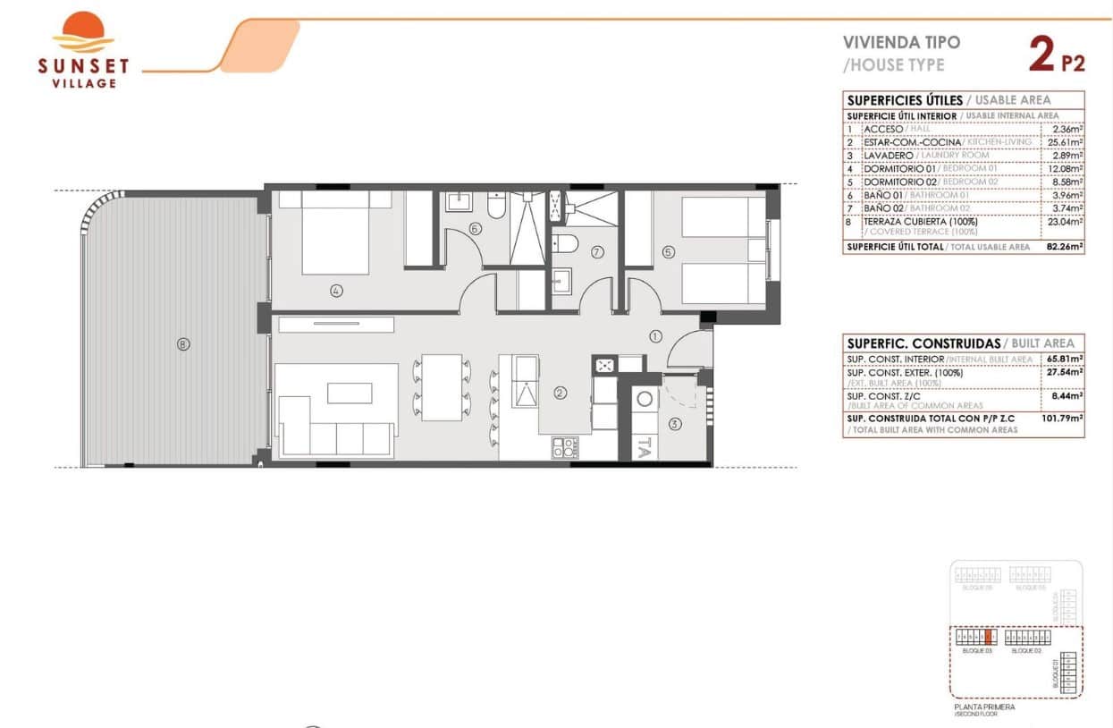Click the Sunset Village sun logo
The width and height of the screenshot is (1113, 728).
(x=83, y=33)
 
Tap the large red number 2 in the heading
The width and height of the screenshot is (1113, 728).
(x=1041, y=55)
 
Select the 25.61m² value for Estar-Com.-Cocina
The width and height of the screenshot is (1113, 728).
(x=1065, y=142)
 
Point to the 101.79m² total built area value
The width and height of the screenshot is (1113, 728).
(x=1062, y=416)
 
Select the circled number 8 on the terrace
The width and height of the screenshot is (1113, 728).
(x=183, y=343)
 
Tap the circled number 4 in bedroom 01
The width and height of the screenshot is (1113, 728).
(x=336, y=290)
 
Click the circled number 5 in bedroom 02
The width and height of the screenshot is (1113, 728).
(x=668, y=252)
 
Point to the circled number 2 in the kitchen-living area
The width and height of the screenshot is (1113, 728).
(x=561, y=392)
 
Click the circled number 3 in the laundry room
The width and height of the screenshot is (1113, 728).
(x=675, y=424)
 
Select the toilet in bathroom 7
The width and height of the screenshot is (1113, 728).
(x=564, y=242)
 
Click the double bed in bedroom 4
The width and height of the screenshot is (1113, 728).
(x=335, y=235)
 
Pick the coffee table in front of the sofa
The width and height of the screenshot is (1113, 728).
(x=350, y=393)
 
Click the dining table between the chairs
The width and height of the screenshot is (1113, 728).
(x=441, y=387)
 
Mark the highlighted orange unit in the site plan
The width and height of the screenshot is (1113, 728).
(x=988, y=638)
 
